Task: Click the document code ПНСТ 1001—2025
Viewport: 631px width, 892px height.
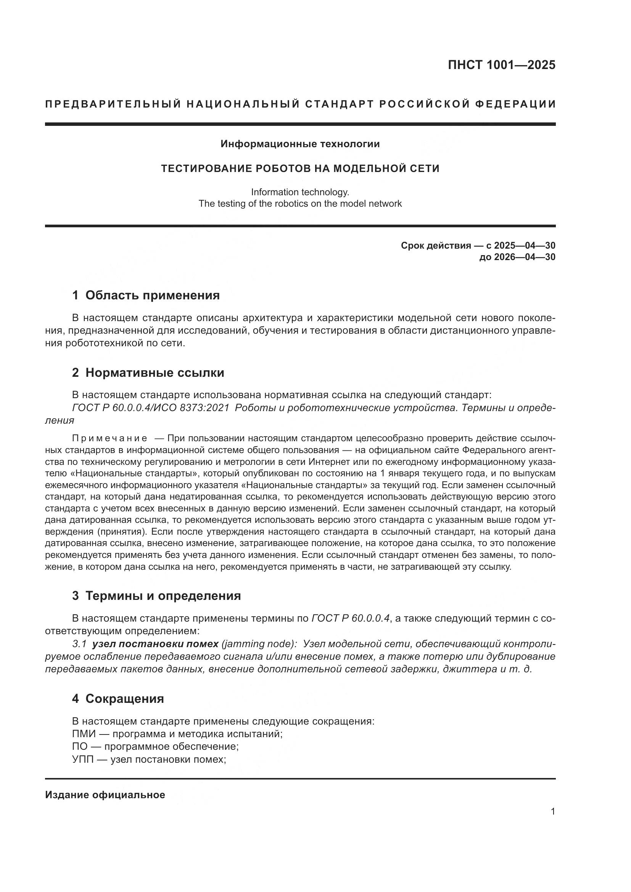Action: pos(501,65)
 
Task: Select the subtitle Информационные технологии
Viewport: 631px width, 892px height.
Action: pos(300,144)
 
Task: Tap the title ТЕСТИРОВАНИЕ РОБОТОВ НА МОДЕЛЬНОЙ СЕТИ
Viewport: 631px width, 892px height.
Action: pos(300,169)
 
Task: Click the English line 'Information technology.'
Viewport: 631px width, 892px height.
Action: pos(300,192)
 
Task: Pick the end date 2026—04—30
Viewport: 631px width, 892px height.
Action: pos(525,257)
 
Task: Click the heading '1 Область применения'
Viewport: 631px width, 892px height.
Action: pos(146,295)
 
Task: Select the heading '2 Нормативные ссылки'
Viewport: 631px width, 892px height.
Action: pos(148,373)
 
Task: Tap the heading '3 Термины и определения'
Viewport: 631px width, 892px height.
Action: pos(156,596)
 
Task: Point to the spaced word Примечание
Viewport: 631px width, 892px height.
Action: pos(110,439)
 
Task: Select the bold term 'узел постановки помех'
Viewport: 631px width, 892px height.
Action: pos(155,644)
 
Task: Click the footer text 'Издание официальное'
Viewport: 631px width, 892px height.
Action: pos(105,795)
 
